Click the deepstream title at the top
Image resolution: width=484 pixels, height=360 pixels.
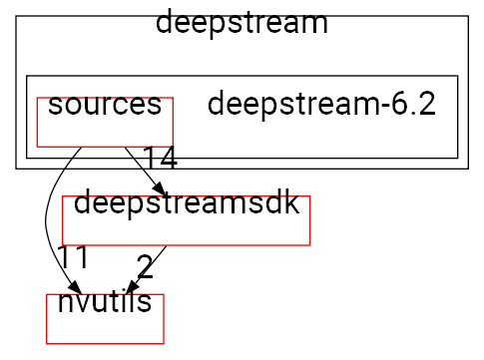pyautogui.click(x=242, y=22)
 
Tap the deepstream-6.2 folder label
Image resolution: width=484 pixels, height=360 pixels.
pyautogui.click(x=321, y=105)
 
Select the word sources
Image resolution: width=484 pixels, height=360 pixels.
pyautogui.click(x=105, y=105)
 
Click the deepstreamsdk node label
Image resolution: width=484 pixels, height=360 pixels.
pyautogui.click(x=187, y=203)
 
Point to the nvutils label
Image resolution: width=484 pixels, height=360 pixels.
pyautogui.click(x=104, y=301)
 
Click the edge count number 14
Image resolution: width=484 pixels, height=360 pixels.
pyautogui.click(x=159, y=158)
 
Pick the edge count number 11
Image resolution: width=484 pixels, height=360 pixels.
pyautogui.click(x=73, y=256)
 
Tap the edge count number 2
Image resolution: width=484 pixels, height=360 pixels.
pyautogui.click(x=145, y=266)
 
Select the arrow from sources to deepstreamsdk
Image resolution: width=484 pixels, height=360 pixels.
pyautogui.click(x=139, y=167)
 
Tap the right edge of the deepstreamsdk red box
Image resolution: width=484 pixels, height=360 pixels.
pyautogui.click(x=310, y=220)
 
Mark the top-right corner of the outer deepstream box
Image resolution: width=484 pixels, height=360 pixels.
pyautogui.click(x=468, y=16)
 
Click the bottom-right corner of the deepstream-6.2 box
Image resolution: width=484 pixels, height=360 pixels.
pyautogui.click(x=457, y=159)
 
